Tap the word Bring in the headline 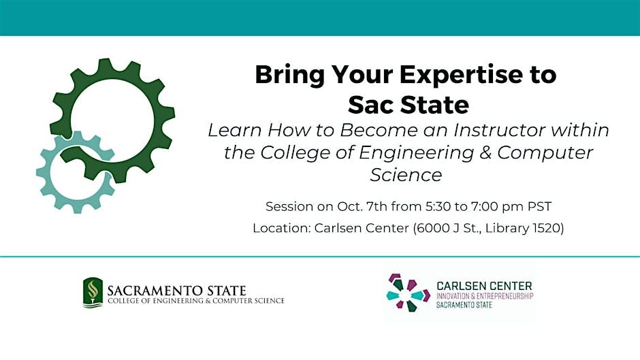pyautogui.click(x=289, y=75)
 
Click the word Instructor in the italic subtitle pyautogui.click(x=499, y=130)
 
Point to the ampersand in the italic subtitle pyautogui.click(x=485, y=152)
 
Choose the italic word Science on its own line pyautogui.click(x=406, y=175)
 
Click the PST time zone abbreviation pyautogui.click(x=540, y=206)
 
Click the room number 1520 pyautogui.click(x=548, y=228)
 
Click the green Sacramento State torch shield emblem pyautogui.click(x=93, y=292)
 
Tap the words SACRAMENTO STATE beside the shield pyautogui.click(x=177, y=291)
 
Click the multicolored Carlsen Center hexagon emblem pyautogui.click(x=408, y=293)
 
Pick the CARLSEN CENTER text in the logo pyautogui.click(x=484, y=286)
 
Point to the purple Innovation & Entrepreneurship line pyautogui.click(x=485, y=296)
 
